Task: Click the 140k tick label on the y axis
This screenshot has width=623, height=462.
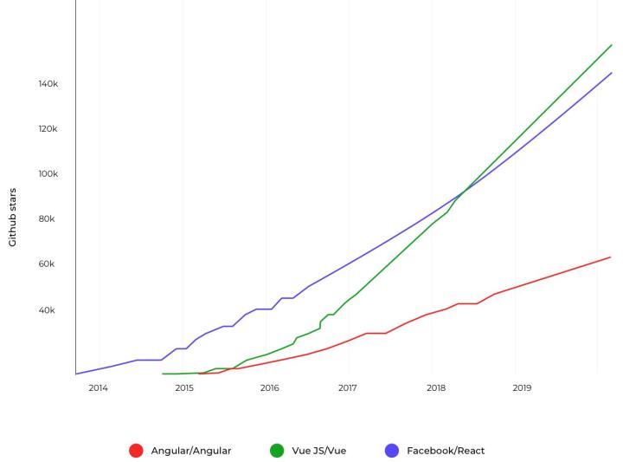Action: click(x=47, y=84)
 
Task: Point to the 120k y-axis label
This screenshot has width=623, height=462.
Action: click(x=47, y=129)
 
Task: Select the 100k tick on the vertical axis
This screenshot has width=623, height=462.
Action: click(x=47, y=174)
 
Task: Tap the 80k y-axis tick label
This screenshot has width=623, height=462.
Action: click(x=48, y=219)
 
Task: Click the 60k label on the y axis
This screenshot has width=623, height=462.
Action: click(x=48, y=264)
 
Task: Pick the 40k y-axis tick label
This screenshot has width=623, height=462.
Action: click(x=48, y=310)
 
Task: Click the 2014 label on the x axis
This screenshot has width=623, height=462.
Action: click(x=98, y=387)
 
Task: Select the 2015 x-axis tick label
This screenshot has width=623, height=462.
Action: click(x=184, y=387)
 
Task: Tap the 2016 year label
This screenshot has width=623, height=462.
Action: click(x=269, y=387)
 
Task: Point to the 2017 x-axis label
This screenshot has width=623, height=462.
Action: click(x=348, y=387)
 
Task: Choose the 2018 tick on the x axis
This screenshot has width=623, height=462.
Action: click(x=436, y=387)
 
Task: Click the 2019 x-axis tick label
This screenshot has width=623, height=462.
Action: click(x=522, y=387)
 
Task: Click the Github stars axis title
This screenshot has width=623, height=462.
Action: click(x=13, y=217)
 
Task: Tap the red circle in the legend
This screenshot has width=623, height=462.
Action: click(x=136, y=451)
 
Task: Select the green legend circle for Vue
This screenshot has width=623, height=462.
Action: click(x=277, y=451)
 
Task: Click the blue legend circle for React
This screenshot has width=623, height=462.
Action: click(x=391, y=451)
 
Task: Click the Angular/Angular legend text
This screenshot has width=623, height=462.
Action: click(x=191, y=451)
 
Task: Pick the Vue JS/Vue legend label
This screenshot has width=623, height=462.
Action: click(x=319, y=451)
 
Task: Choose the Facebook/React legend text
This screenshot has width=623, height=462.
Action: click(x=446, y=451)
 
